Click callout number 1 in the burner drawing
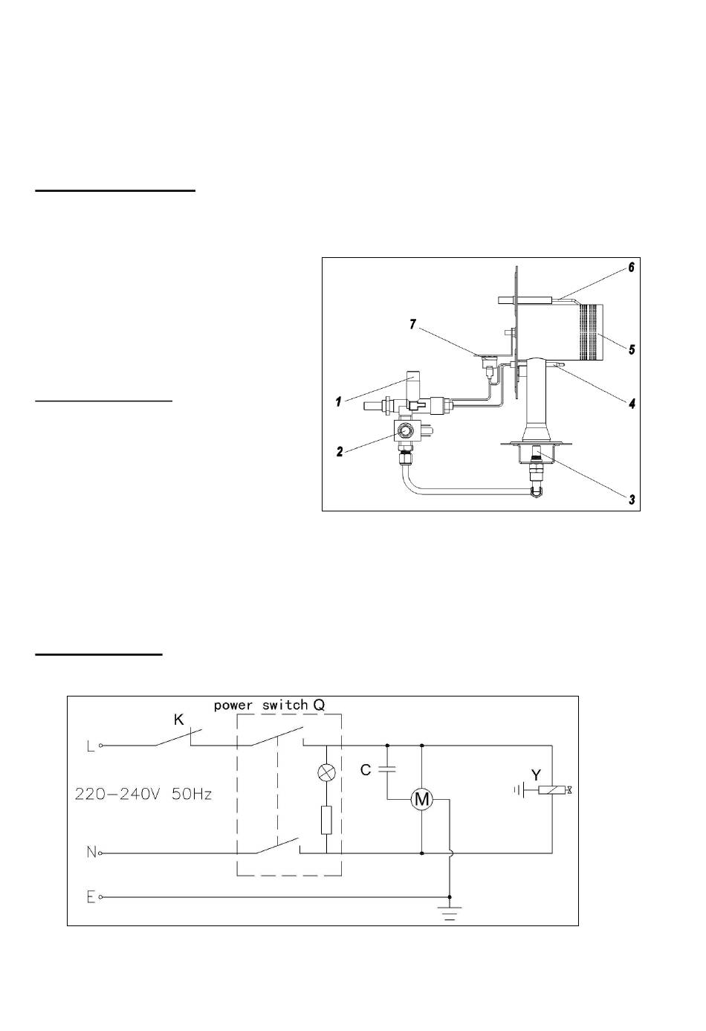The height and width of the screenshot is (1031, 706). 339,401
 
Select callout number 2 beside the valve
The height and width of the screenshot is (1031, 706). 340,451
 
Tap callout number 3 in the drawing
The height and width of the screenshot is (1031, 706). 632,500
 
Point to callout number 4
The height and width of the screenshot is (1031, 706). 632,404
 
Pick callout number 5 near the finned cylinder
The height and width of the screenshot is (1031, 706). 632,350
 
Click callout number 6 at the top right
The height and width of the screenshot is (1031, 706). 632,267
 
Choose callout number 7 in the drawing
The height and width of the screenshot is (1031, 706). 413,325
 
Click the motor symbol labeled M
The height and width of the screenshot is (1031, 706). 422,800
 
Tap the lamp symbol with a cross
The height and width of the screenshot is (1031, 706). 327,772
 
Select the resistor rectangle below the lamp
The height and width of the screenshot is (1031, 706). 326,820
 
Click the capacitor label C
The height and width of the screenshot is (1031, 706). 366,769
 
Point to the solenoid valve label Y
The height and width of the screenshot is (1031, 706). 536,775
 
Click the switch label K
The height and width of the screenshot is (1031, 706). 178,720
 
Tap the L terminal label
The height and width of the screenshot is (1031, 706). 91,746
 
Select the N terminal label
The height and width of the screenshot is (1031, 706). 91,853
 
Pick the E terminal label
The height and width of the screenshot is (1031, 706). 91,897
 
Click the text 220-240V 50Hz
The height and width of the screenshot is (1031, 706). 143,794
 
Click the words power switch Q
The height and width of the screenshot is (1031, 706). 270,705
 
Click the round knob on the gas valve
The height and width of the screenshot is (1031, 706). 405,431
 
